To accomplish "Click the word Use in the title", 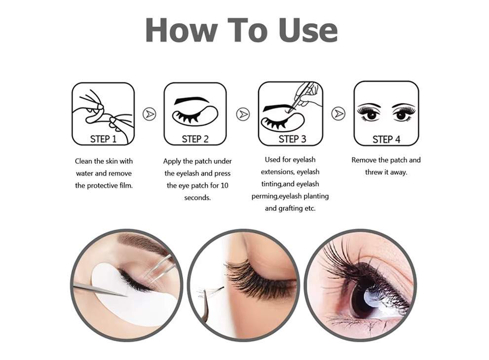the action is (x=308, y=30).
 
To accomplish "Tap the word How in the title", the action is (x=181, y=30).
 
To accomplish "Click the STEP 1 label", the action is (x=103, y=139).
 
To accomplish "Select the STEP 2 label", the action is (x=195, y=139).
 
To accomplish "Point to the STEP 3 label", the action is (x=292, y=139).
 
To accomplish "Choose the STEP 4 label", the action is (x=386, y=140).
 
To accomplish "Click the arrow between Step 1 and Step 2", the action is (x=150, y=114).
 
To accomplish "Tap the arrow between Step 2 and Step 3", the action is (x=243, y=114).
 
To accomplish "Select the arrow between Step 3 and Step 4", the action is (x=338, y=113).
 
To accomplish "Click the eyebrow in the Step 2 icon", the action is (x=191, y=100).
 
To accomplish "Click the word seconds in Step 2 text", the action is (x=197, y=198).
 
